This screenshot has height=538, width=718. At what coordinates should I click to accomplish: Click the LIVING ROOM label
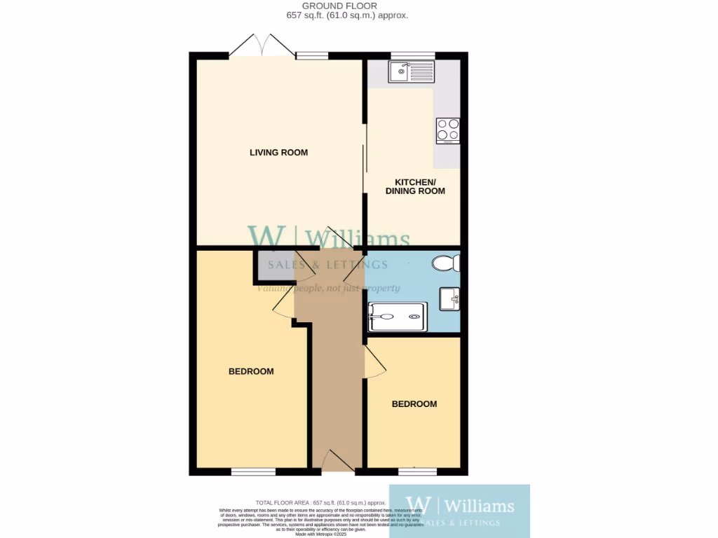[278, 152]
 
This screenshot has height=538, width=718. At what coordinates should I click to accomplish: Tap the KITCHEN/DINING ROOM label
[415, 186]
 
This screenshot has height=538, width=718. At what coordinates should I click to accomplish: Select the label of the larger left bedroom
[251, 371]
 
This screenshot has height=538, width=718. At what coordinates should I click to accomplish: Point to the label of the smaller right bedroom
[414, 404]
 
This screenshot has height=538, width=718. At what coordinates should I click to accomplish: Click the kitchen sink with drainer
[412, 71]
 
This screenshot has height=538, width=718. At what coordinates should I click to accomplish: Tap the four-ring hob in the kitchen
[447, 130]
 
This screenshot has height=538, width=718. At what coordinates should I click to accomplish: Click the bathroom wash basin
[449, 299]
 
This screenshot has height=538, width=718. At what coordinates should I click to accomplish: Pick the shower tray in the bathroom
[397, 317]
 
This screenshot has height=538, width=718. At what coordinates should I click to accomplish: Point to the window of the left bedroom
[253, 472]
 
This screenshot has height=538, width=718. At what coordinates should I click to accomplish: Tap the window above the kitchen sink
[412, 55]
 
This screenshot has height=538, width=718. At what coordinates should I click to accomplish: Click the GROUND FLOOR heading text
[347, 6]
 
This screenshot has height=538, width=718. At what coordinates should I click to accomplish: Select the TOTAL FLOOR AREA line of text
[320, 503]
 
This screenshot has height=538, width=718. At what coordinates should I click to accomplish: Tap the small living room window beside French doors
[312, 55]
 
